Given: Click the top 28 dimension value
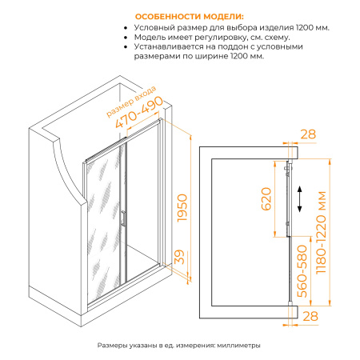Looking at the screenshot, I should click(310, 134).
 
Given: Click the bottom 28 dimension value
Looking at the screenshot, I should click(310, 318).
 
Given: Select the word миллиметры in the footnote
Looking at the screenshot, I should click(237, 345).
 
